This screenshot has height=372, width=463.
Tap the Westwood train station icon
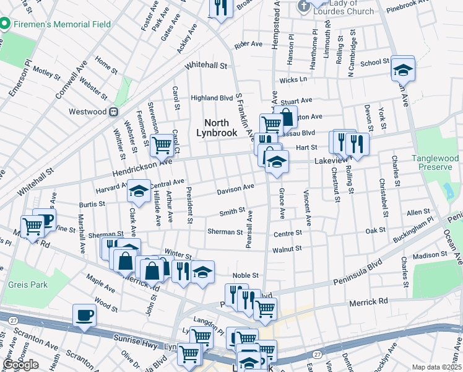tap(114, 112)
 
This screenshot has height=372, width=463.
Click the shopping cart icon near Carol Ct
tap(162, 145)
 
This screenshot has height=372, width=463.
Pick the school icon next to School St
tap(402, 69)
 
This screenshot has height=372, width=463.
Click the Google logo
tap(20, 365)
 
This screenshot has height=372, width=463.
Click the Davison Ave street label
tap(235, 187)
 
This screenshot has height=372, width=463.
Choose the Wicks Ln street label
tap(293, 80)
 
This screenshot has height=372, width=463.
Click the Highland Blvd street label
tap(211, 98)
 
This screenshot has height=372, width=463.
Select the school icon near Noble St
tap(202, 272)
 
